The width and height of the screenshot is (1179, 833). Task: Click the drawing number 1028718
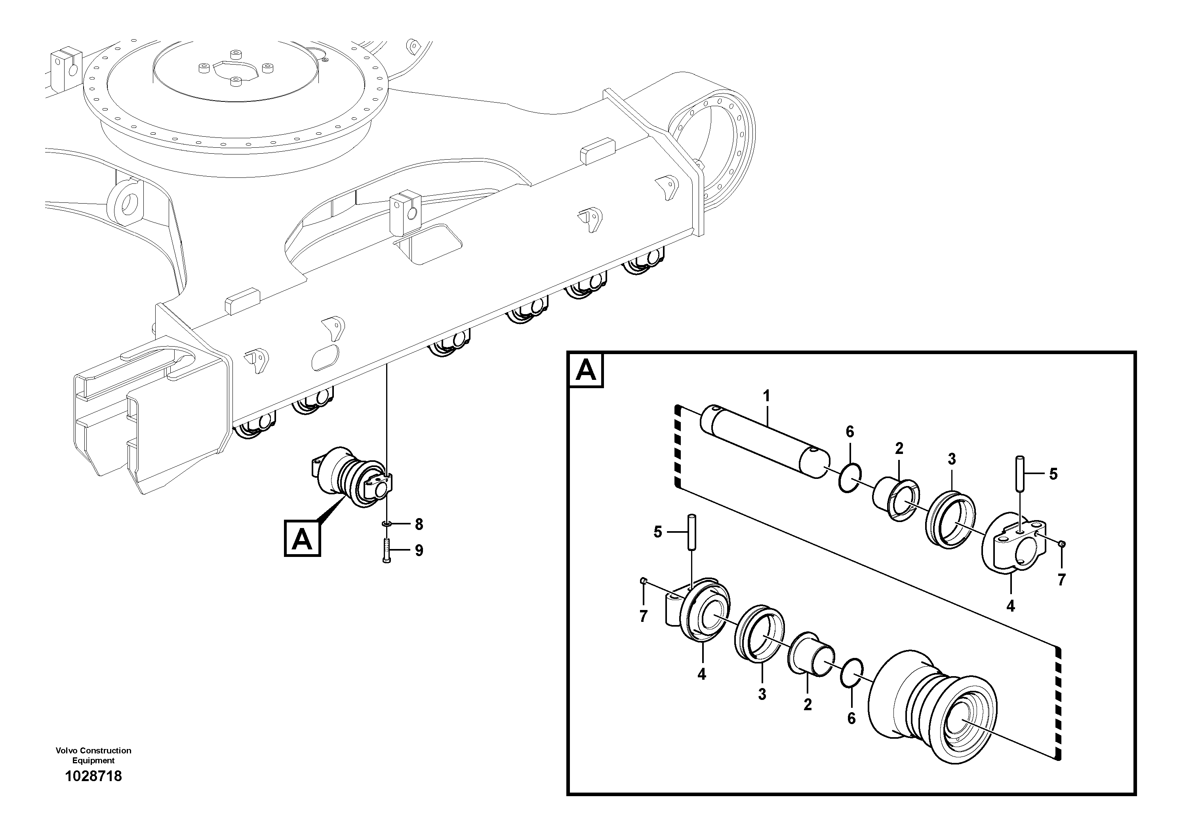coord(93,776)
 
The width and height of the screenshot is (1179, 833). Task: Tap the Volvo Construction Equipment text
coord(93,755)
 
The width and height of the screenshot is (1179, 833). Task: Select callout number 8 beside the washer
coord(419,524)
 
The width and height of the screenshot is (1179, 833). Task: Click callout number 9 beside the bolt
coord(419,551)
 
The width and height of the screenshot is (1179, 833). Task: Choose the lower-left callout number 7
coord(644,616)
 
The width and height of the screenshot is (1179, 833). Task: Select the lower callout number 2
coord(808,705)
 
